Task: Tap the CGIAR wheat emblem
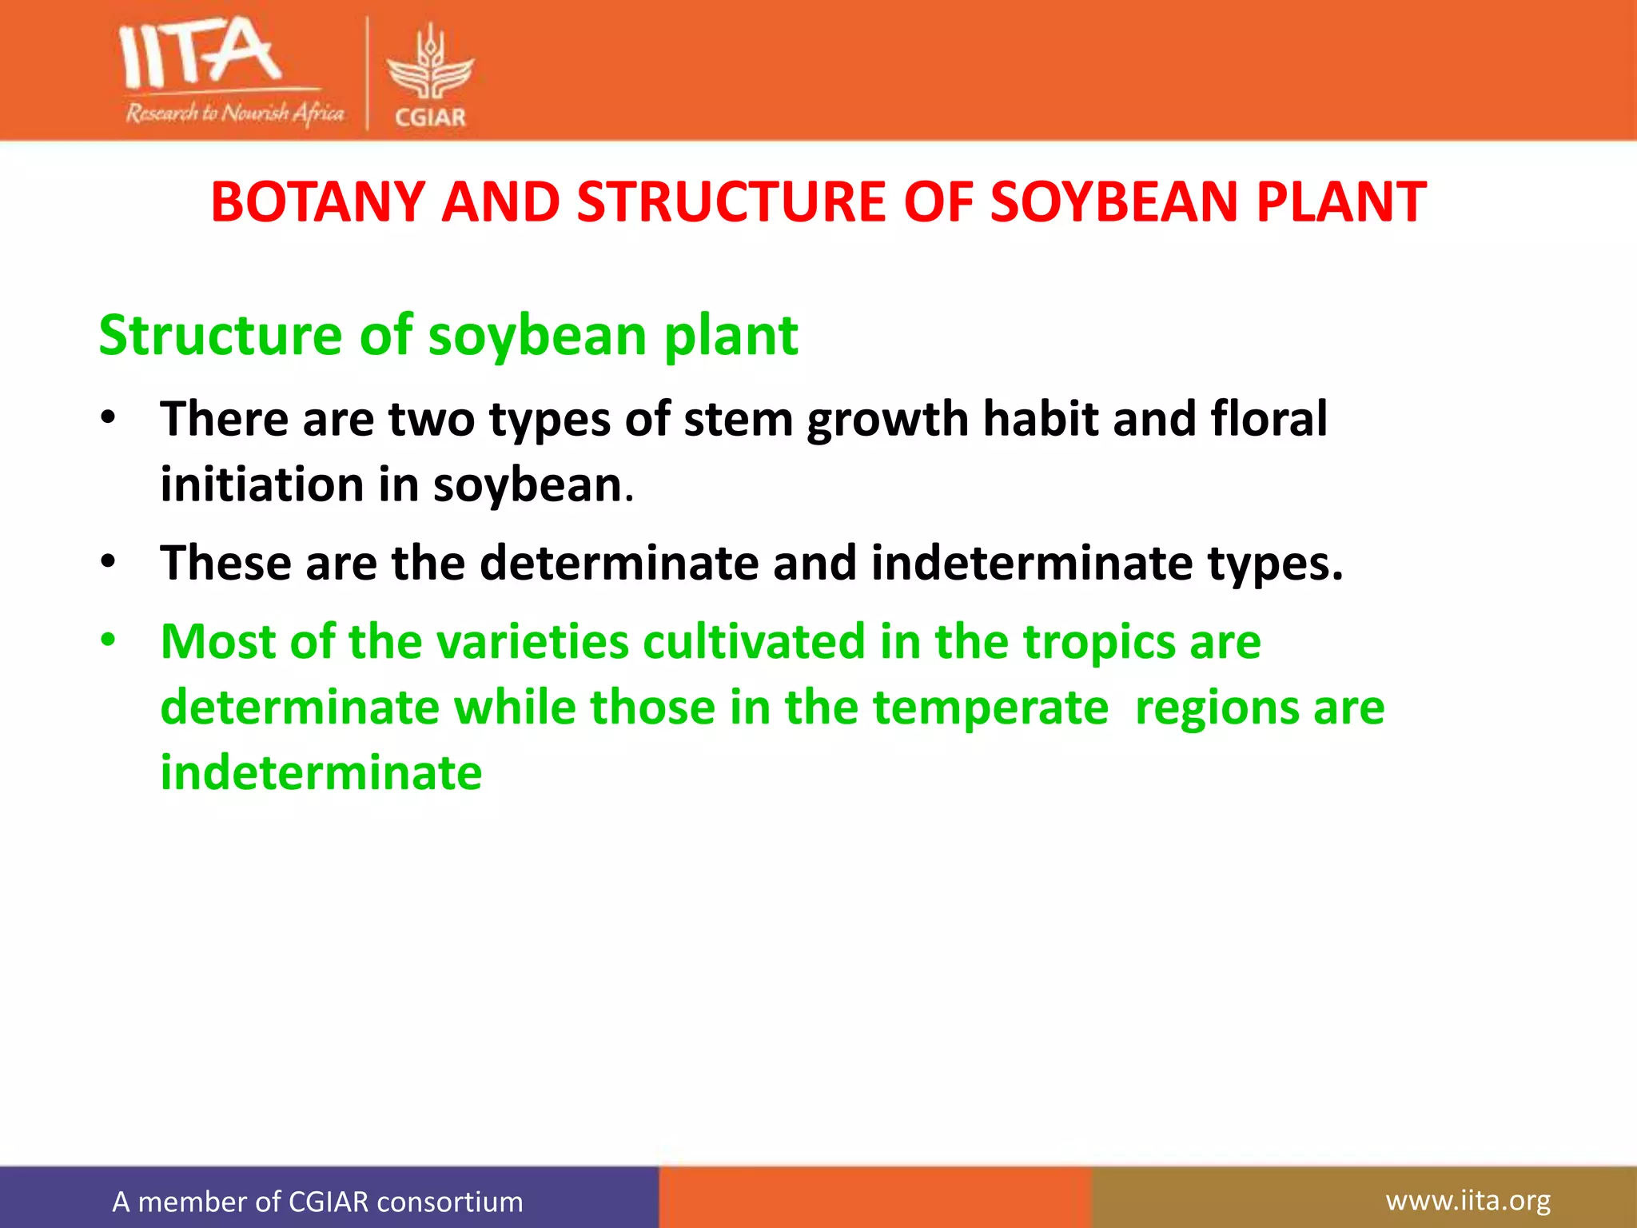pos(430,64)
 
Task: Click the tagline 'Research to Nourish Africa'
pos(234,113)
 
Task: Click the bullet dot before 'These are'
pos(109,561)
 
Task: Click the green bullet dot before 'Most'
pos(109,640)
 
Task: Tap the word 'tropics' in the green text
pos(1099,643)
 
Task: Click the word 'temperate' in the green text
pos(990,709)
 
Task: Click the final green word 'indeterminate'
pos(321,773)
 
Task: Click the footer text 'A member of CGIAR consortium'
pos(317,1202)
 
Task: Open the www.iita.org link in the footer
pos(1468,1200)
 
